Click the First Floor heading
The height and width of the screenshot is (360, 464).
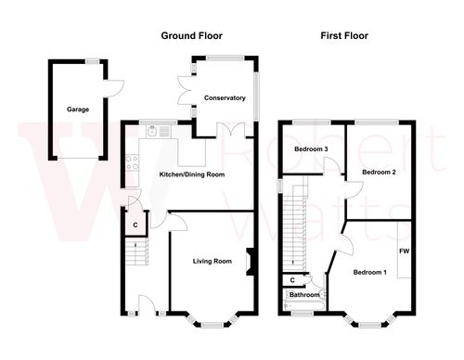point(344,36)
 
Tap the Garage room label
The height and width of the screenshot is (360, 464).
point(77,109)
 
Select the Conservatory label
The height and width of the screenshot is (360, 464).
point(224,97)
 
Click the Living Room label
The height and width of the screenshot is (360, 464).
point(212,261)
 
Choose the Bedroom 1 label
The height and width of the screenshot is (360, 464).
point(369,272)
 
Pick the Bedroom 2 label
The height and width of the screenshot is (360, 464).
point(379,173)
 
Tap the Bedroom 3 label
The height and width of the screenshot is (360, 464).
point(311,149)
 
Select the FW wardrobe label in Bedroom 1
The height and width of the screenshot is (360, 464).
point(404,251)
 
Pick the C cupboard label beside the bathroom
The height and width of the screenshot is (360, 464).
point(292,279)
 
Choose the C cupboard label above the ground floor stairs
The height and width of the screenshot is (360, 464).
point(135,224)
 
